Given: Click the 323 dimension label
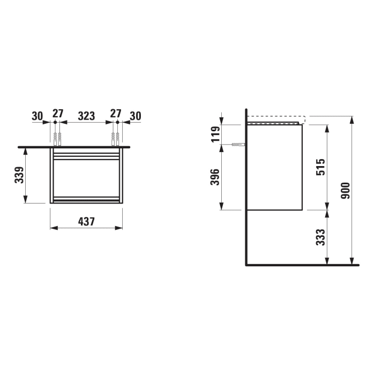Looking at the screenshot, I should pos(86,115).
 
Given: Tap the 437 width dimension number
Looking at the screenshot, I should pos(86,221).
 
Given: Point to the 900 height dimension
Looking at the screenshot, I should pos(345,190).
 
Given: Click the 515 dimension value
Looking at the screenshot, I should pos(319,167).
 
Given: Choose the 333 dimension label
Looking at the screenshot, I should pos(319,237).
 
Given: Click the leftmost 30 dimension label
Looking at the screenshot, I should pos(37,115).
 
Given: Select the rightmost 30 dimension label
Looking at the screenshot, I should pos(135,115).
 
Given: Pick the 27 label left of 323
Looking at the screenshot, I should pos(57,115).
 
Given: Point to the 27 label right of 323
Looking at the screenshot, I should pos(116,115).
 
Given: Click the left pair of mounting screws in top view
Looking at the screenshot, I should pos(57,139).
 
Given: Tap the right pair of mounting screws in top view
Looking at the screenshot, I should pos(115,139).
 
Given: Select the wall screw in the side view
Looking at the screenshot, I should pos(238,145).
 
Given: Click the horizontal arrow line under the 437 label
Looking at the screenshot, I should pos(86,228).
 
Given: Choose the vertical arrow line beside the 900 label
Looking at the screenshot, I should pos(352,190).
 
